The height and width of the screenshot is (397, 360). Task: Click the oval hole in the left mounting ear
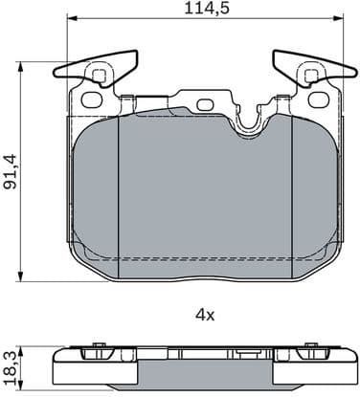coord(92,99)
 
